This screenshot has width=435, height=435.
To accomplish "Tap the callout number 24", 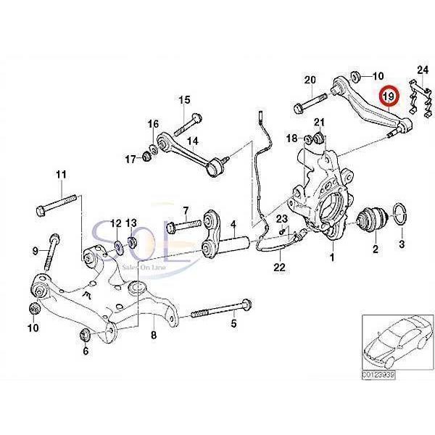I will coord(423,70).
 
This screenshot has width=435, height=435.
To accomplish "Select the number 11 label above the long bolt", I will coord(61,175).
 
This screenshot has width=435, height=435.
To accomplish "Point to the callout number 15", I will coord(183,99).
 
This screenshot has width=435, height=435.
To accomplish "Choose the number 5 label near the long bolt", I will coord(234,323).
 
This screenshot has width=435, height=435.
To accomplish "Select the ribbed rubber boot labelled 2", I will coord(374,220).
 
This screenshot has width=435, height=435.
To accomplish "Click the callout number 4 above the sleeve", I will coord(234,225).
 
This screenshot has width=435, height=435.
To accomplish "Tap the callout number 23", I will coord(281,218).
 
